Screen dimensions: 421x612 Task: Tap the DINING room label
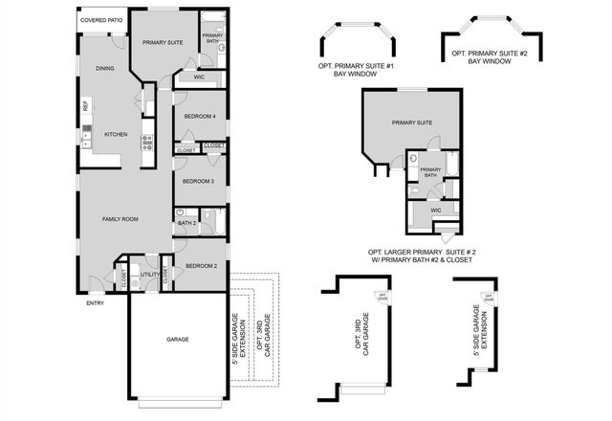[x=105, y=69]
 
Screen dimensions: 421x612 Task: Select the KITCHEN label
[x=117, y=135]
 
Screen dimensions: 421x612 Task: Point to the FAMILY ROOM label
[x=120, y=219]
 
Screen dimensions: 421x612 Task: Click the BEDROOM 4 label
[x=200, y=116]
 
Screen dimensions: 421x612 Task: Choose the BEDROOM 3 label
[x=198, y=181]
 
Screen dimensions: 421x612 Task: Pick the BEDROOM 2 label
[x=202, y=266]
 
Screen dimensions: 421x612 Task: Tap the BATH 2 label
[x=186, y=224]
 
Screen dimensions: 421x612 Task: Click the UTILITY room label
[x=149, y=275]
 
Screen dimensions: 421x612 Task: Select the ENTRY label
[x=95, y=303]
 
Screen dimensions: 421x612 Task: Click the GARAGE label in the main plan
[x=177, y=340]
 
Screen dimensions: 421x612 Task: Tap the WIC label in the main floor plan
[x=199, y=78]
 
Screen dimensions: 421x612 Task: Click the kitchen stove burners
[x=147, y=144]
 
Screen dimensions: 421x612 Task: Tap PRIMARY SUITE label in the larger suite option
[x=412, y=122]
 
